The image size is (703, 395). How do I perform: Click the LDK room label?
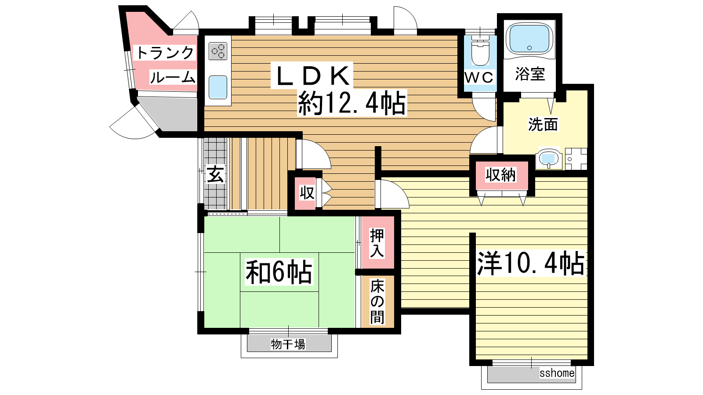(312, 75)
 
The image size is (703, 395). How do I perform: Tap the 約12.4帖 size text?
(352, 103)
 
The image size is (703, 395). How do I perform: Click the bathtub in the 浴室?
(529, 39)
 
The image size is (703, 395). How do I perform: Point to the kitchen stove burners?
(218, 51)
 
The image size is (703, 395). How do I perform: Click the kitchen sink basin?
(218, 87)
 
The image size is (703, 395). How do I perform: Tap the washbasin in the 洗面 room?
(549, 158)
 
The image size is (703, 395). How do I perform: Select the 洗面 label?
(543, 124)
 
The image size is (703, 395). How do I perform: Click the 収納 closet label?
(500, 175)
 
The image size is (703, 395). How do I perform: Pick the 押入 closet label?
(377, 243)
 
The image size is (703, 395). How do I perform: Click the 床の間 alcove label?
(377, 302)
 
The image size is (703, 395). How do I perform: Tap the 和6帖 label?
(279, 272)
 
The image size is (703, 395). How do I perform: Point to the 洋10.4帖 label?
(531, 263)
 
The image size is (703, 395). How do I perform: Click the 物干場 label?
(288, 344)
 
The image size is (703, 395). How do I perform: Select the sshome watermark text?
(557, 373)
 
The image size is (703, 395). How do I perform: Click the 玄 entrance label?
(215, 174)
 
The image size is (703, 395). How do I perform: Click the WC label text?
(479, 77)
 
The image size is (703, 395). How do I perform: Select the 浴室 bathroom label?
(530, 74)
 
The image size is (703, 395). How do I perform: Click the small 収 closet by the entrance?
(307, 193)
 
